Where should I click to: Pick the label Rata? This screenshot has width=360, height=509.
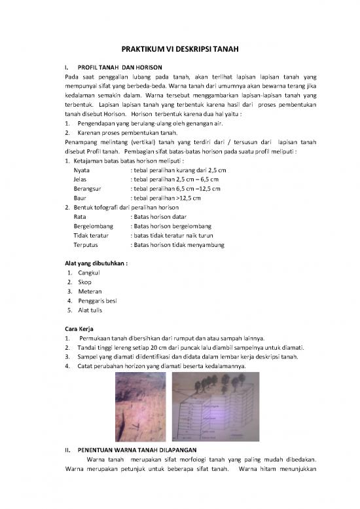click(81, 216)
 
